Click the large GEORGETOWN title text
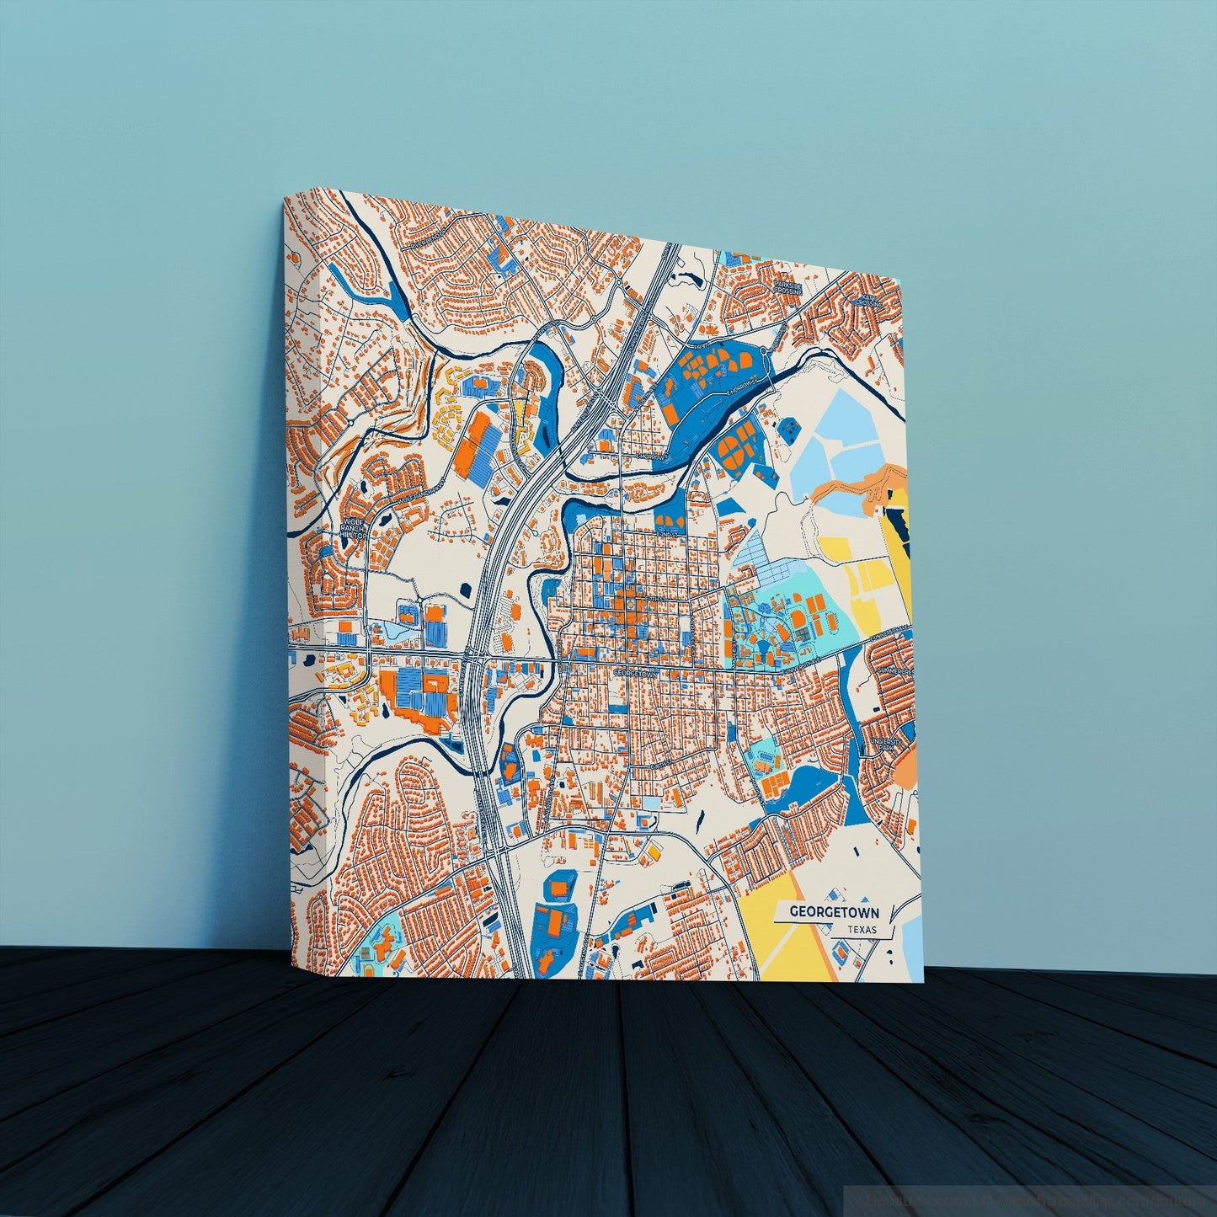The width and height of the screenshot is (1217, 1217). (x=834, y=911)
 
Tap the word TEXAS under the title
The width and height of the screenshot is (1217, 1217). (x=862, y=930)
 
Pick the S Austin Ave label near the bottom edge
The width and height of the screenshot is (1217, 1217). (x=581, y=943)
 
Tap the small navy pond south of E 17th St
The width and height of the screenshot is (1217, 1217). (x=699, y=816)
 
